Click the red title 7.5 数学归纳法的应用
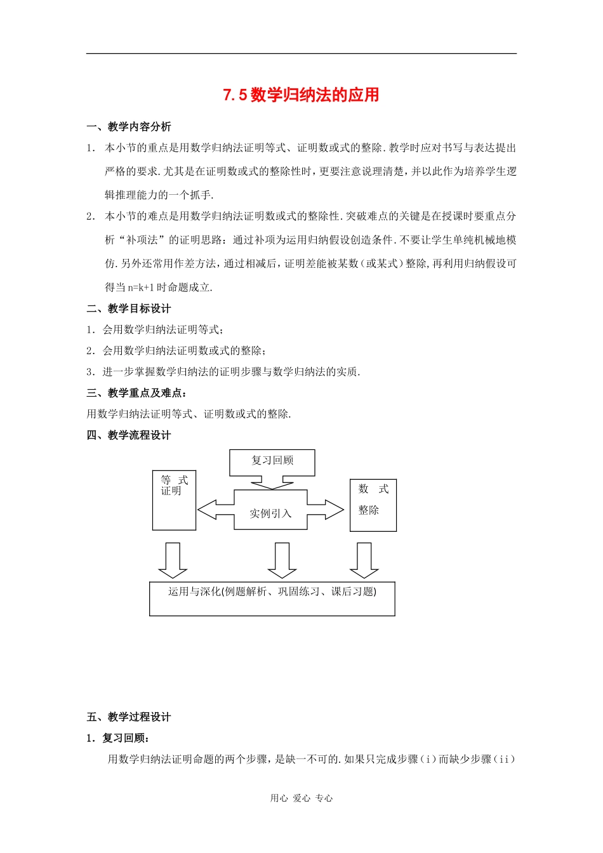(301, 95)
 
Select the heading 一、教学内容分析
(129, 127)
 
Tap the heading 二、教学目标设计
(129, 308)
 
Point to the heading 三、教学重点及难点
(136, 393)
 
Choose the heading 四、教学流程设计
(129, 435)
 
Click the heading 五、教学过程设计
(129, 717)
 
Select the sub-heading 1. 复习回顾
(118, 738)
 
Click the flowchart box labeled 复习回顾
(272, 461)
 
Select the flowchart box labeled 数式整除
(373, 505)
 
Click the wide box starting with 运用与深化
(272, 598)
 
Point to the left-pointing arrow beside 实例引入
(215, 510)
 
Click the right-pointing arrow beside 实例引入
(326, 510)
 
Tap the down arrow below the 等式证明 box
(172, 560)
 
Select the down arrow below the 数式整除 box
(364, 560)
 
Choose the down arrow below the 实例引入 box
(282, 560)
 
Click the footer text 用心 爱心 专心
(301, 798)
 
